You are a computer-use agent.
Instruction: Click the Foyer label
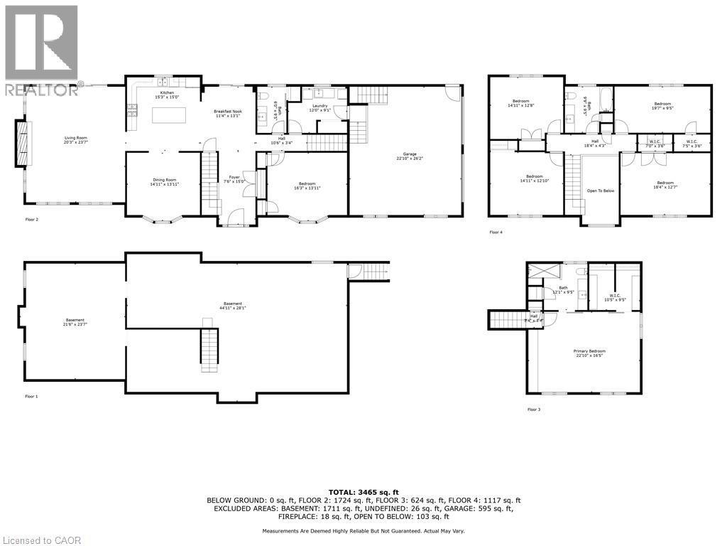pos(234,179)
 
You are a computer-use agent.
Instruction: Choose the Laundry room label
pos(319,107)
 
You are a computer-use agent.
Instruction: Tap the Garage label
pos(406,156)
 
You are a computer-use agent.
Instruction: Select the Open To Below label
pos(600,191)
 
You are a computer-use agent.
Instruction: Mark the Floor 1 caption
pos(31,396)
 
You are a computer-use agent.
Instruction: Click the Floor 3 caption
pos(533,409)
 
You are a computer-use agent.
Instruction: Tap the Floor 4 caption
pos(496,232)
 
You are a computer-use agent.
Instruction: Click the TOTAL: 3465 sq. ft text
pos(363,491)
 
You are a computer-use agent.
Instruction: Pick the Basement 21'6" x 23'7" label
pos(75,322)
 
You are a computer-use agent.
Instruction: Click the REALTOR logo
pos(41,50)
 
